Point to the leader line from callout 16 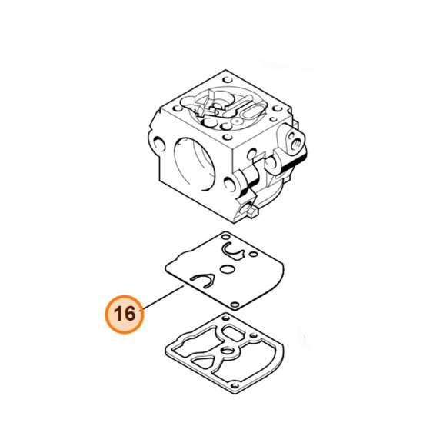[x=162, y=297]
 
